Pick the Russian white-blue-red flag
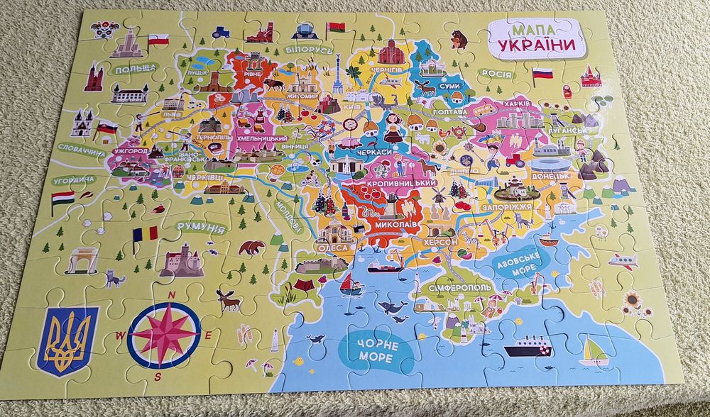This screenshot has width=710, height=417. click(x=543, y=73)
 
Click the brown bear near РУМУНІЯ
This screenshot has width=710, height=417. click(x=251, y=248)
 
